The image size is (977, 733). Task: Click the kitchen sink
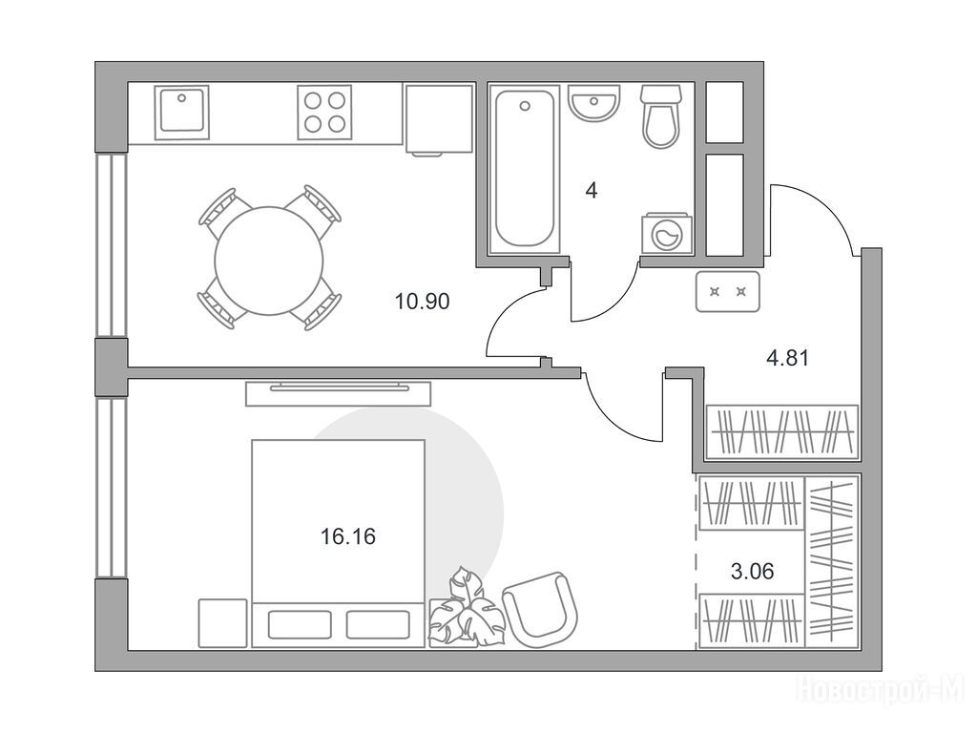(x=181, y=113)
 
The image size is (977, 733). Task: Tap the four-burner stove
(x=324, y=113)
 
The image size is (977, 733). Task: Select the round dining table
(x=269, y=261)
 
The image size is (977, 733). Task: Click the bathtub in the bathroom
(x=525, y=170)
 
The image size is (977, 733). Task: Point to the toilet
(x=660, y=116)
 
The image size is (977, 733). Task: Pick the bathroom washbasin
(x=594, y=103)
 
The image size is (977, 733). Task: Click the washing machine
(x=667, y=235)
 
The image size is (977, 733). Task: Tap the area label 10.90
(x=422, y=302)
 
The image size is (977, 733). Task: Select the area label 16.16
(x=347, y=536)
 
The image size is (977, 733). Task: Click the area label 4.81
(x=787, y=359)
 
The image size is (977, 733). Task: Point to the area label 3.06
(x=752, y=571)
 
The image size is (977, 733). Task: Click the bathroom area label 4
(x=592, y=191)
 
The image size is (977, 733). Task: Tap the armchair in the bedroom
(x=540, y=610)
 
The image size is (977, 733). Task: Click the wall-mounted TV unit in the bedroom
(x=339, y=393)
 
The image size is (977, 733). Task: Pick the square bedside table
(x=222, y=623)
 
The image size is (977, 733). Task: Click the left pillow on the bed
(x=300, y=624)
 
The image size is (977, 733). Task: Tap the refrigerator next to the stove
(x=439, y=119)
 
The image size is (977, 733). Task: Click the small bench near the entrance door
(x=728, y=291)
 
